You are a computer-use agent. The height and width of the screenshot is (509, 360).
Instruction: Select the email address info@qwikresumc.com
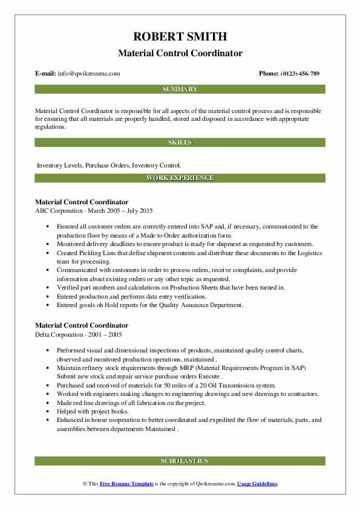click(89, 74)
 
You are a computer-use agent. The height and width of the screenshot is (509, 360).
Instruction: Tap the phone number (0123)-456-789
click(298, 74)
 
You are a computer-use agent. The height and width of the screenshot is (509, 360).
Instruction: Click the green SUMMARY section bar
click(180, 89)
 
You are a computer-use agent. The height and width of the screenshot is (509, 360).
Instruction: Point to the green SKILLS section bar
click(180, 143)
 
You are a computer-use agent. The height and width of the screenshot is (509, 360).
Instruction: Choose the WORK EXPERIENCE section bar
click(180, 178)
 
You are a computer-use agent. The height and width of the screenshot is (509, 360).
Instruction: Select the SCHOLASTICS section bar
click(180, 461)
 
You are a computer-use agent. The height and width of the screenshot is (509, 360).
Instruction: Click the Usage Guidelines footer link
click(257, 484)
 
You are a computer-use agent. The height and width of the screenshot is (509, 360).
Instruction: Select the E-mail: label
click(46, 74)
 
